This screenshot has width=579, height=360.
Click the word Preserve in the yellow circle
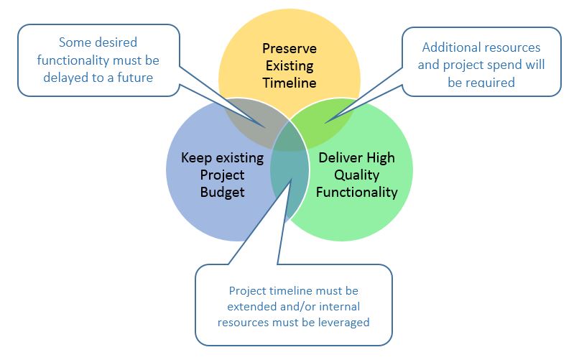pos(289,49)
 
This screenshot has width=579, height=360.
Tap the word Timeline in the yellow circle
pos(289,83)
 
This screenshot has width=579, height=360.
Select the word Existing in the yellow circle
pos(289,66)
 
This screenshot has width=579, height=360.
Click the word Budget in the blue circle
pos(222,193)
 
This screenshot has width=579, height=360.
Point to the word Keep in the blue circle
pos(196,158)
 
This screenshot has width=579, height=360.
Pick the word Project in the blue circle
pos(222,175)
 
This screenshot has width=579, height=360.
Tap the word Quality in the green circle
pos(357,175)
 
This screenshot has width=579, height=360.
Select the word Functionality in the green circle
pos(357,192)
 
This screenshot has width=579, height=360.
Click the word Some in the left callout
pos(72,42)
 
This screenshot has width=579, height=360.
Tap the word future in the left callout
pos(135,78)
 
